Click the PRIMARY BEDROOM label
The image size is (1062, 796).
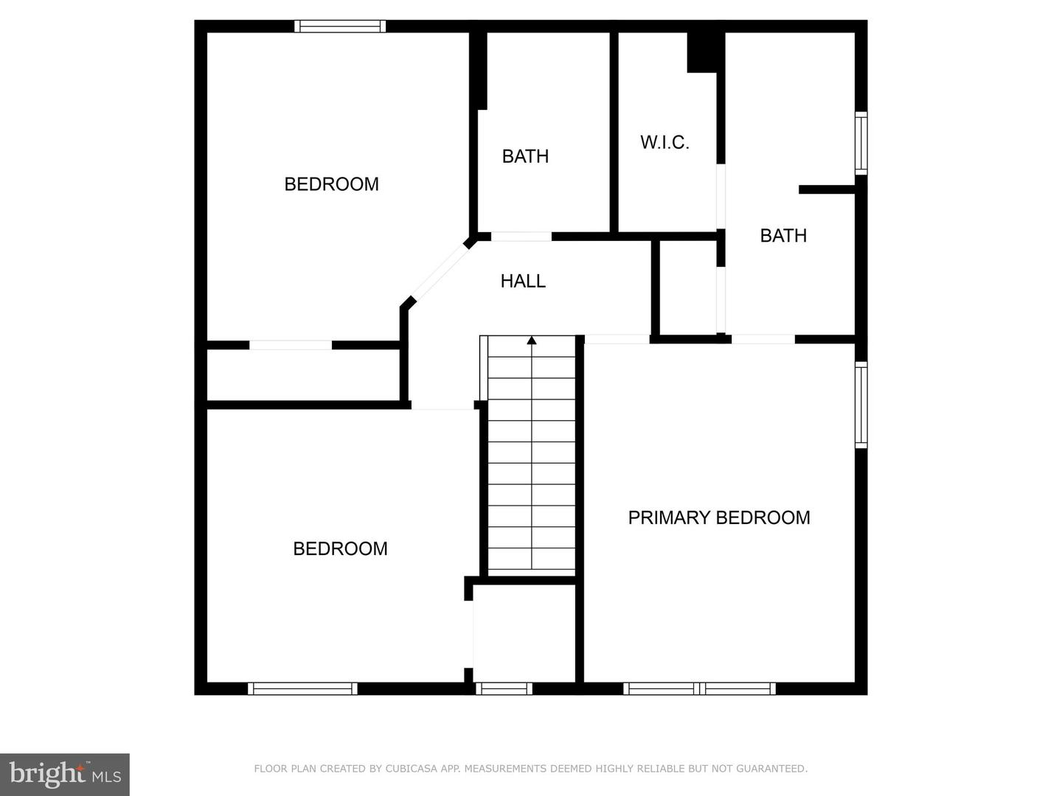(x=718, y=517)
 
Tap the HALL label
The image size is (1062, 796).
(x=523, y=281)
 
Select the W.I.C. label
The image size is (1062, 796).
(x=664, y=142)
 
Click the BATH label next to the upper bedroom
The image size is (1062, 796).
(x=525, y=156)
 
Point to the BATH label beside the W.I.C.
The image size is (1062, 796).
(x=782, y=235)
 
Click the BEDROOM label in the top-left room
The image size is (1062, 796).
(x=331, y=184)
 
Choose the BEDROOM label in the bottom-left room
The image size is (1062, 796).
(x=340, y=548)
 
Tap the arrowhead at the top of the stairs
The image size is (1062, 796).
(x=532, y=340)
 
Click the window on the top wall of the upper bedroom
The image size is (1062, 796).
(x=340, y=27)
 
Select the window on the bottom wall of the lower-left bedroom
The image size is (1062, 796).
(x=302, y=688)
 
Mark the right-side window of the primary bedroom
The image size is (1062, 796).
(x=861, y=405)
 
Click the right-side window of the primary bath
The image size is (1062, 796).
(x=861, y=143)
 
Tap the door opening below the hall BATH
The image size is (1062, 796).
(x=521, y=237)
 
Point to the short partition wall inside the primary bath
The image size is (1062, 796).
(x=826, y=189)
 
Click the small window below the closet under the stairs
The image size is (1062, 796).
(x=504, y=688)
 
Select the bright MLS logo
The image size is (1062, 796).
(x=65, y=774)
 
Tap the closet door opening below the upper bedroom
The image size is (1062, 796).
(x=291, y=345)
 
